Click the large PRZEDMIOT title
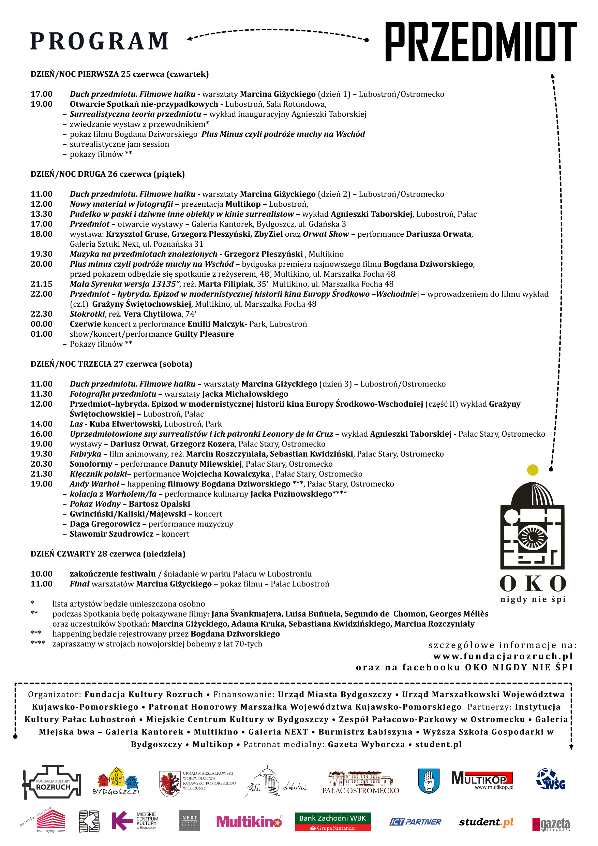[x=480, y=42]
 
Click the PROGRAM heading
[x=100, y=41]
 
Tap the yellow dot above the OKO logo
[x=533, y=470]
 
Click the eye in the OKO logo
[x=532, y=537]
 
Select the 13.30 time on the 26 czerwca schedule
[x=42, y=214]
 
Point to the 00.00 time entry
[x=42, y=324]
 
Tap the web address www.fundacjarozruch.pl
[x=503, y=656]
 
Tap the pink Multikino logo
[x=249, y=821]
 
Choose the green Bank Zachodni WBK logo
[x=332, y=822]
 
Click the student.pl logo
[x=486, y=822]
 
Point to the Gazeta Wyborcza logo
[x=551, y=824]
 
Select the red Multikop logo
[x=482, y=780]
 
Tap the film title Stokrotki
[x=87, y=314]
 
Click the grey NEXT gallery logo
[x=190, y=820]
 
